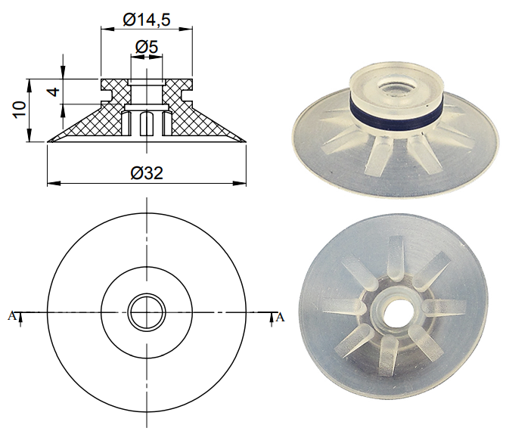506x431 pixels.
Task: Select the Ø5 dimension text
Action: (146, 48)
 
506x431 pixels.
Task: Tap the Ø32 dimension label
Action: (147, 173)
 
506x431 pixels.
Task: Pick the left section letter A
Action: (11, 316)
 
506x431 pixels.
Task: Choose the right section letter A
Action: (281, 316)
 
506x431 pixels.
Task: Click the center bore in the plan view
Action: (145, 312)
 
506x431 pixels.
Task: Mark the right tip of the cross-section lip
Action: (244, 140)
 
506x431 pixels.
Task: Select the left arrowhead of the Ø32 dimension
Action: (51, 183)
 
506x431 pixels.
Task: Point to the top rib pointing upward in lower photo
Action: (396, 254)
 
